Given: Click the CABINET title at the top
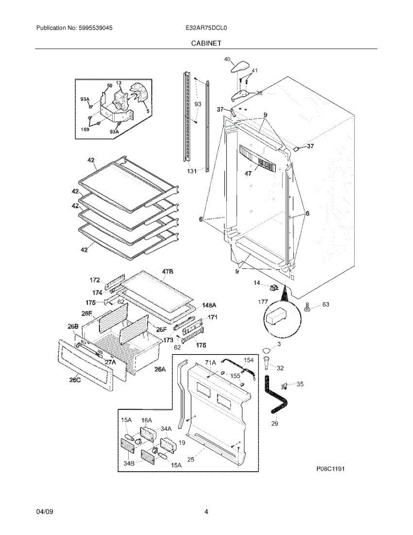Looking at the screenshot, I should coord(206,43).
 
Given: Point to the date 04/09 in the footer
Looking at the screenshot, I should coord(45,512).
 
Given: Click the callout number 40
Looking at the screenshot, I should coord(227,59).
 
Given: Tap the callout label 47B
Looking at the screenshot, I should coord(168,272).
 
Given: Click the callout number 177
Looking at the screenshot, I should coord(263,302).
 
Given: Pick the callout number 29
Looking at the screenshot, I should coord(274,424).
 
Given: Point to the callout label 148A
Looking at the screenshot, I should coord(209,305).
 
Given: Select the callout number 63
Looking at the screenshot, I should coord(326,305).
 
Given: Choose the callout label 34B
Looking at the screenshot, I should coord(129,463).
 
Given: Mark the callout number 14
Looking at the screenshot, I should coord(257,283).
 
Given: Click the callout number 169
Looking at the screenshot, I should coord(85,129).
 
